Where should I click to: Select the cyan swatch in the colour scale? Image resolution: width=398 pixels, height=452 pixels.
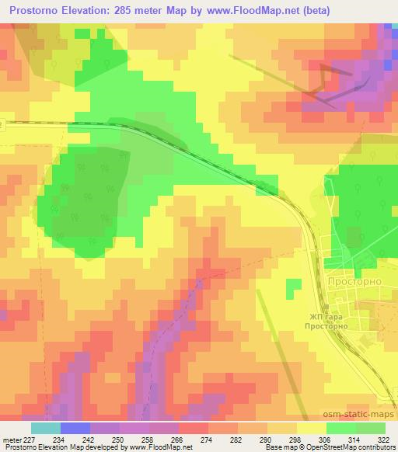[46, 428]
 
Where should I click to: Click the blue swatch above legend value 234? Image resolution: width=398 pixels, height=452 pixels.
[75, 428]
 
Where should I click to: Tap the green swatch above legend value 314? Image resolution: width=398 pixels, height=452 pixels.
[341, 428]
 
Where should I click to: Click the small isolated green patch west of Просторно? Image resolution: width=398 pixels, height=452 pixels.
[292, 289]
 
